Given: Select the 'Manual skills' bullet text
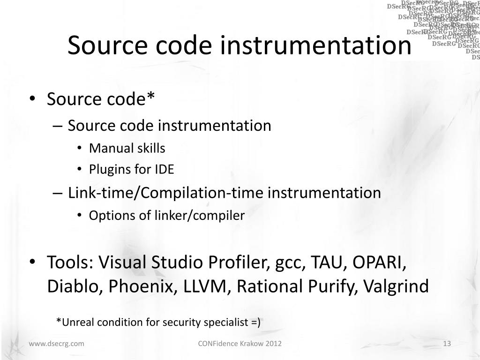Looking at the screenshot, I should coord(127,149).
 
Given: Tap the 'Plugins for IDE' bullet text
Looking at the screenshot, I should coord(131,170).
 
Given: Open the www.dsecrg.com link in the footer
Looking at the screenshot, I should coord(57,344).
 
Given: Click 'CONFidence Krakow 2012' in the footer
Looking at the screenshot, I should coord(240,344).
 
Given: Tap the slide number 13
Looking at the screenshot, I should coord(447,344).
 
